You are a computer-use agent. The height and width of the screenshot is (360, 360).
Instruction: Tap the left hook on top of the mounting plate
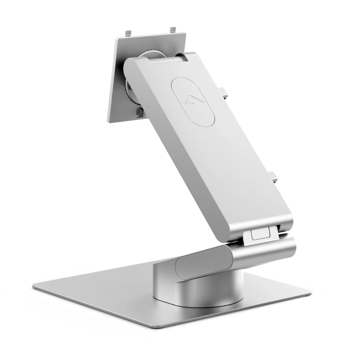(x=128, y=32)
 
